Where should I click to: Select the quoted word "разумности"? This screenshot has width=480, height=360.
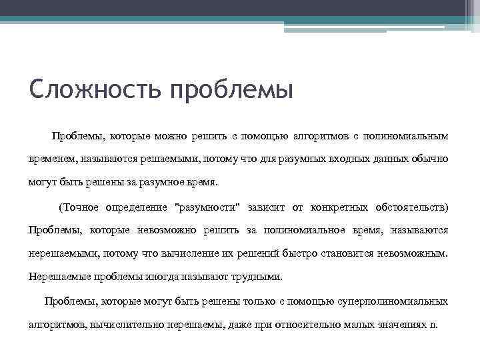click(x=207, y=207)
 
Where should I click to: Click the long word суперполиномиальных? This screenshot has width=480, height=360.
click(x=396, y=301)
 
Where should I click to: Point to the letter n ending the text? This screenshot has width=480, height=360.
click(x=433, y=325)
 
